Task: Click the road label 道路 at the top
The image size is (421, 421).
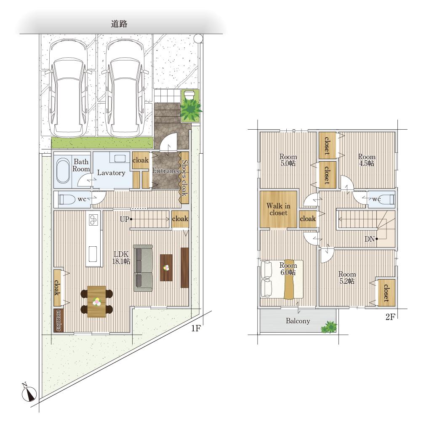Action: (x=119, y=24)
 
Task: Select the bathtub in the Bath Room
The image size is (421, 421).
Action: (x=63, y=171)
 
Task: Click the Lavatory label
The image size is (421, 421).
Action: (x=111, y=173)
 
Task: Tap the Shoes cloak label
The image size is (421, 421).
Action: (x=185, y=178)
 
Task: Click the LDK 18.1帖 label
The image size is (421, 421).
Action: (x=121, y=258)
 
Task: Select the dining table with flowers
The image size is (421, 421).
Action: (x=96, y=301)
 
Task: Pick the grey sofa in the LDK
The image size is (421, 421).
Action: (x=143, y=268)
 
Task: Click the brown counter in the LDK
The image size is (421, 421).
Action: (x=59, y=320)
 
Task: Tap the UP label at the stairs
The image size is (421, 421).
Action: (x=124, y=219)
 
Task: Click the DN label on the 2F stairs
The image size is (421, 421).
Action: (x=370, y=239)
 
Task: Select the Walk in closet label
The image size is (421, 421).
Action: (x=278, y=209)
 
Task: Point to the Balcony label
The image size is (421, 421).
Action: (x=298, y=321)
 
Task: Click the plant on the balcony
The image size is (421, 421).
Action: (x=329, y=327)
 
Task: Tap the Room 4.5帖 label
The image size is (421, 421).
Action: (x=367, y=160)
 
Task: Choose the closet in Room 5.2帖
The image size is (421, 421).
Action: (x=386, y=293)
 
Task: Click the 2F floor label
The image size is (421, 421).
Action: (x=390, y=317)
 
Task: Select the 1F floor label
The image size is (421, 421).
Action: (x=196, y=328)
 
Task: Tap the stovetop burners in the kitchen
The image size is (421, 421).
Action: (x=93, y=219)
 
